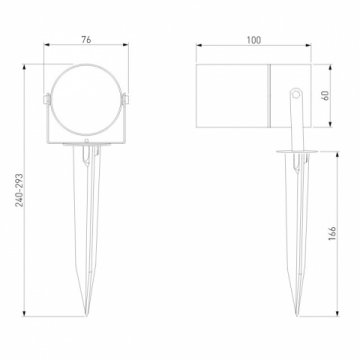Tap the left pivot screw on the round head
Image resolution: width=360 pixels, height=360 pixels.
pyautogui.click(x=46, y=98)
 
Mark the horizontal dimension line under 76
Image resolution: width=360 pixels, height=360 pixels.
pyautogui.click(x=85, y=46)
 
